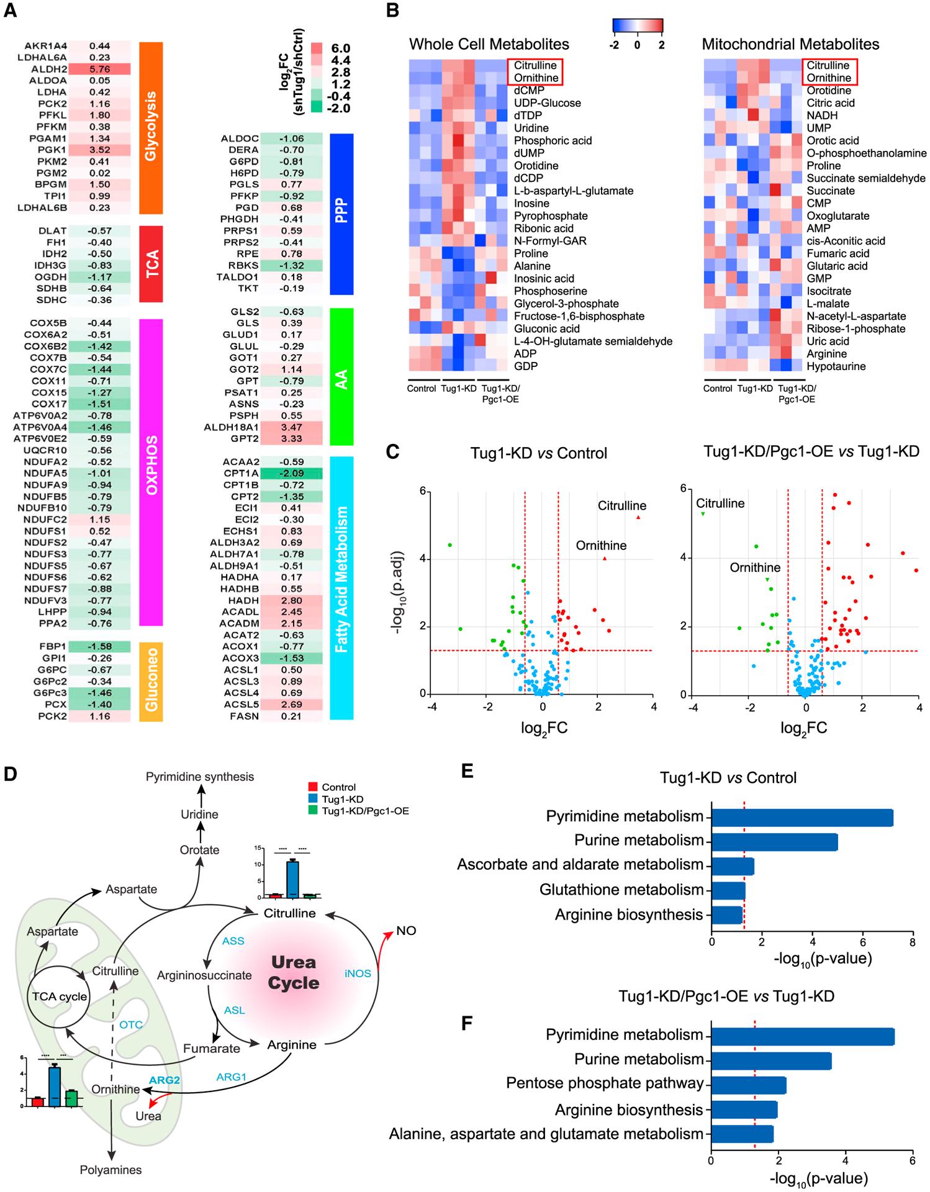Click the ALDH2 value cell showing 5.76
pyautogui.click(x=99, y=69)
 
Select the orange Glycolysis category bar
pyautogui.click(x=151, y=127)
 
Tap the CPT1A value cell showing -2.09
pyautogui.click(x=291, y=473)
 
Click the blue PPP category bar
pyautogui.click(x=341, y=214)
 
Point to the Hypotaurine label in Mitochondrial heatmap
pyautogui.click(x=835, y=366)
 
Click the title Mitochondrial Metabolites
pyautogui.click(x=790, y=44)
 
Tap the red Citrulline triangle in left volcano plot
pyautogui.click(x=638, y=517)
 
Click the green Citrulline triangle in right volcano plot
pyautogui.click(x=702, y=514)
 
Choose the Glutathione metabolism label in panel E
pyautogui.click(x=621, y=890)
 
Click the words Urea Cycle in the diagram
pyautogui.click(x=294, y=973)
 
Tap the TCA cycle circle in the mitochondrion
pyautogui.click(x=60, y=996)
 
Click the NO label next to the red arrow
pyautogui.click(x=406, y=931)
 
